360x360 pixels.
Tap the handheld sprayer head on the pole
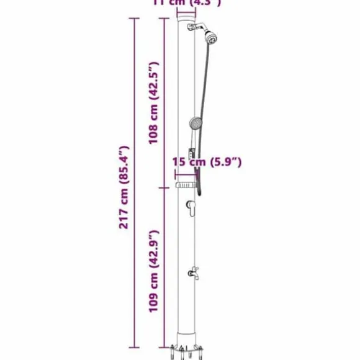pos(196,123)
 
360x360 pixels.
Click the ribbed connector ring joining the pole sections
pos(184,186)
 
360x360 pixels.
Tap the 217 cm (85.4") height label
pos(125,186)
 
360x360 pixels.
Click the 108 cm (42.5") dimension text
pos(154,102)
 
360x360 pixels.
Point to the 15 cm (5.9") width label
pos(207,162)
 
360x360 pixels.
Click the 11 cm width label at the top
pos(186,2)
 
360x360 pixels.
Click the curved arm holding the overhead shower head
pos(200,28)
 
